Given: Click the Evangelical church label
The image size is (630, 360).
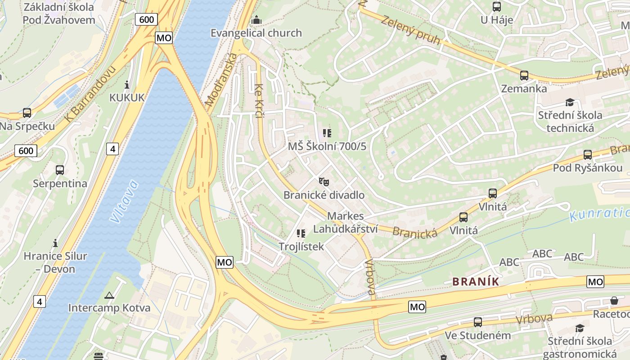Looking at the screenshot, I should [x=256, y=33].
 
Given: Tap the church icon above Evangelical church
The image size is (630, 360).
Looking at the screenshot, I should [x=256, y=20].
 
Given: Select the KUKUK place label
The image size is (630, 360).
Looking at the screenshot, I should [x=127, y=98].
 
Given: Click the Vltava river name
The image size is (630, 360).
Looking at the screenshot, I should [x=123, y=202].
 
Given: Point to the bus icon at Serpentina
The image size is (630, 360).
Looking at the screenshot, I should [x=60, y=170].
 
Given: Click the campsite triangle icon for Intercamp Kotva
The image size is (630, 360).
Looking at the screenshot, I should [x=109, y=296].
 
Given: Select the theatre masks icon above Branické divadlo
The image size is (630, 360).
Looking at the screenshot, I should [x=324, y=182].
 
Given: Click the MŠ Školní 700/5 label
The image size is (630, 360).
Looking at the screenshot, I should [x=327, y=146].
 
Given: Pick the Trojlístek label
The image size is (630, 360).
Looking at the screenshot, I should [x=301, y=247].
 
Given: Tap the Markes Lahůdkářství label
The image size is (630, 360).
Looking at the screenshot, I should [x=345, y=222].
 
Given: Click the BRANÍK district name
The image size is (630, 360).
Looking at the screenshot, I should [x=476, y=282].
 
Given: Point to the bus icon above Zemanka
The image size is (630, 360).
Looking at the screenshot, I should [x=524, y=76].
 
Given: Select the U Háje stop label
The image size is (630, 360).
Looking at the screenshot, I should [x=497, y=20].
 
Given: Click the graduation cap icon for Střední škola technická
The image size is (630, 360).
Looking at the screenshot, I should [x=570, y=102].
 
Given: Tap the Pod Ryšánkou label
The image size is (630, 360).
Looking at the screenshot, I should [x=588, y=168].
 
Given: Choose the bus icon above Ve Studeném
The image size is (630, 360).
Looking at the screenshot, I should [x=478, y=322].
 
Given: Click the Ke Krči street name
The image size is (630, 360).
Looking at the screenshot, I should [x=258, y=101].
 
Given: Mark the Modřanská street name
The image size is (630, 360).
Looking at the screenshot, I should [x=220, y=80].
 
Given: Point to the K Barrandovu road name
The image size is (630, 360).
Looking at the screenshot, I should [x=90, y=94].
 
